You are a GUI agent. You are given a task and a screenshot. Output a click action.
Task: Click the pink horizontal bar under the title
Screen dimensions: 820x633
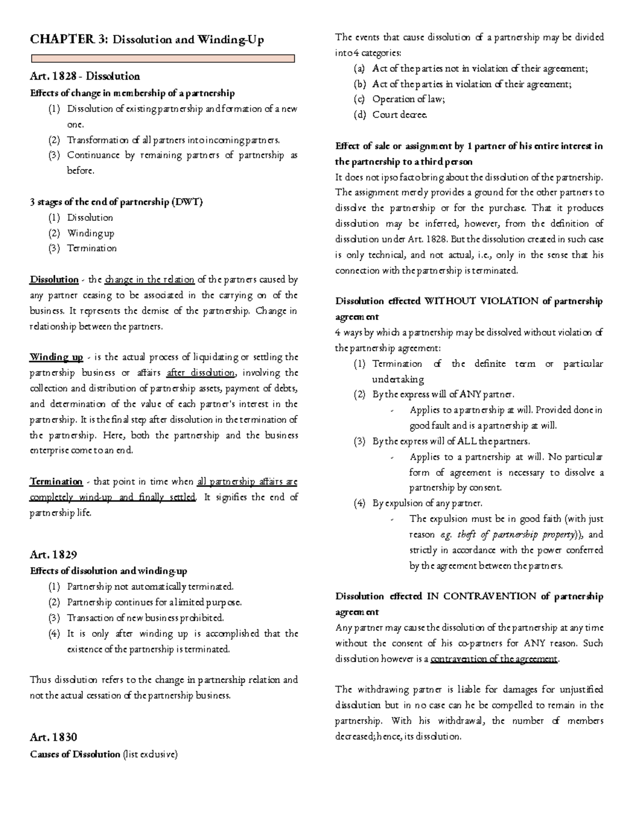[x=162, y=59]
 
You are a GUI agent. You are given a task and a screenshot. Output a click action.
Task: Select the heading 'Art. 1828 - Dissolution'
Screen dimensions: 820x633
[x=85, y=76]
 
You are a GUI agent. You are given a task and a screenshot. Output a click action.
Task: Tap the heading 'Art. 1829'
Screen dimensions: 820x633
[x=53, y=554]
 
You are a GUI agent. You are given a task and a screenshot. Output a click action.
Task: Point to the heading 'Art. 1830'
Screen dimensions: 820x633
[x=53, y=737]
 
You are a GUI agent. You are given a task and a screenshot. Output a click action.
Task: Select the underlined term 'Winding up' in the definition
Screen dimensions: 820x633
[x=56, y=357]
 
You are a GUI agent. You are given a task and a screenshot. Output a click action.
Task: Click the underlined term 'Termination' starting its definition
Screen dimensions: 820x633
[x=56, y=482]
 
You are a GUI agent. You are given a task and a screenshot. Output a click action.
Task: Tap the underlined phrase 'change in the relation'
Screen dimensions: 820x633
[x=150, y=279]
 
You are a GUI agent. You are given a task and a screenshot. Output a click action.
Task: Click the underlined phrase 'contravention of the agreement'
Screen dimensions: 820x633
[x=494, y=659]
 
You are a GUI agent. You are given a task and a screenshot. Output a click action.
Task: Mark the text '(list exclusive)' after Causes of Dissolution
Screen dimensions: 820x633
[x=150, y=754]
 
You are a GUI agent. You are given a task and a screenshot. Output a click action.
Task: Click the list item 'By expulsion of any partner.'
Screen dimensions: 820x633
[x=427, y=503]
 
